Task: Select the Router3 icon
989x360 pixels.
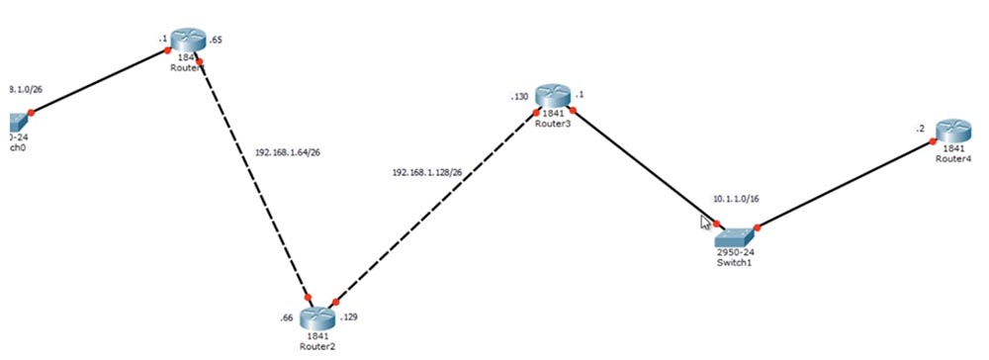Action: coord(555,96)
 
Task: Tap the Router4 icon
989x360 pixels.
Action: coord(954,130)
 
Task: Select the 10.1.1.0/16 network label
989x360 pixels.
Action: coord(735,198)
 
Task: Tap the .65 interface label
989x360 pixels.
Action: coord(217,42)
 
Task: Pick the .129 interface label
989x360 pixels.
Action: coord(349,318)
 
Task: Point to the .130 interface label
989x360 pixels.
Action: coord(519,97)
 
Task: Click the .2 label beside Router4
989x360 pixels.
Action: coord(921,130)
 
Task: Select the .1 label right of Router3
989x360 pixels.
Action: coord(581,95)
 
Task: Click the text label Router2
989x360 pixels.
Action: coord(319,346)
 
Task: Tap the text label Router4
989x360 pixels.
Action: coord(955,159)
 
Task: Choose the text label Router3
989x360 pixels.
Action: coord(555,125)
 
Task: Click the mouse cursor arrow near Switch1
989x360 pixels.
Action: coord(706,222)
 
